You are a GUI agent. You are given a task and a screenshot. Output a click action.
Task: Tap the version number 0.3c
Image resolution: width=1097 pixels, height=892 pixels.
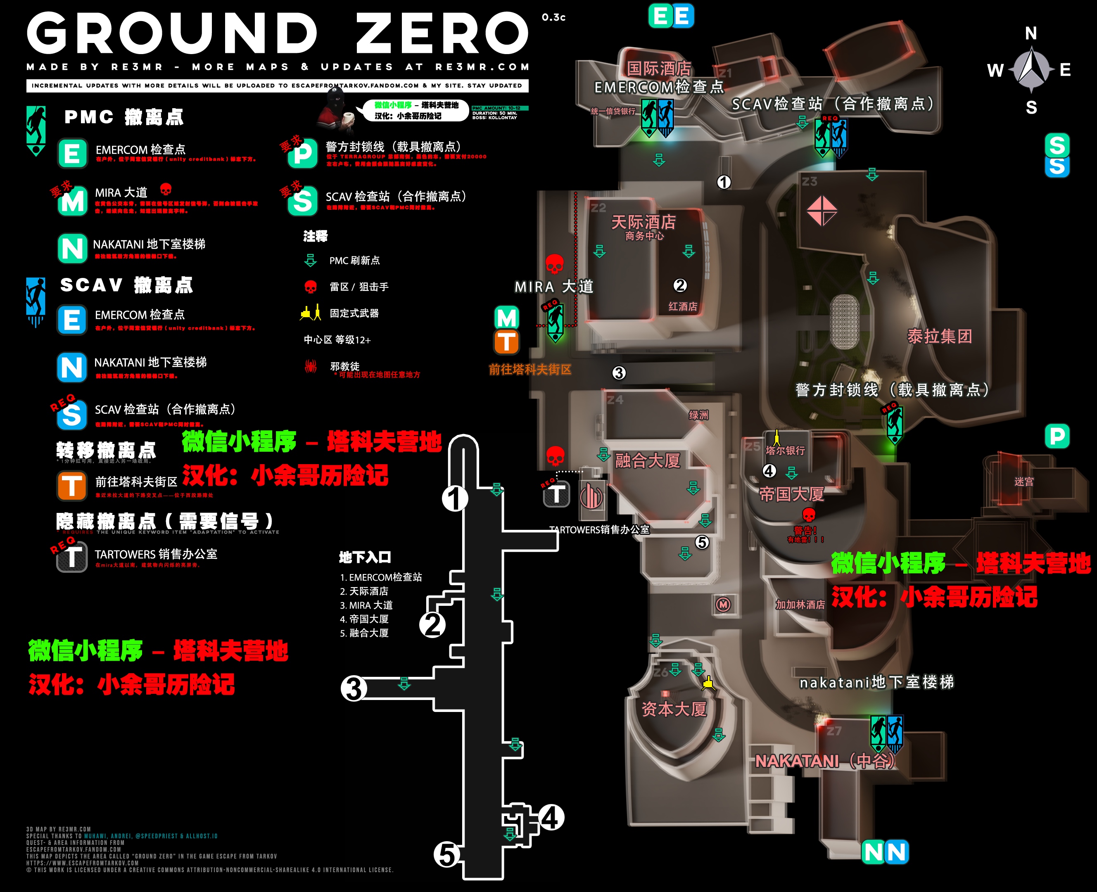[x=553, y=17]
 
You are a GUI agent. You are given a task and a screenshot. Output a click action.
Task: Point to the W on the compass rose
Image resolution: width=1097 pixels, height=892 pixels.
[x=995, y=70]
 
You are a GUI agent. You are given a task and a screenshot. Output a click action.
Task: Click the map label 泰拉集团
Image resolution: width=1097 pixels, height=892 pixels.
[x=939, y=337]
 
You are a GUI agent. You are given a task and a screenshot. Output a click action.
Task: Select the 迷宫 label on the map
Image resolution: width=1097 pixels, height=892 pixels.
[x=1023, y=482]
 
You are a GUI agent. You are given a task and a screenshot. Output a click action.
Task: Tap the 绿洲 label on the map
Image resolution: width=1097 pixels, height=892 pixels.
[x=698, y=415]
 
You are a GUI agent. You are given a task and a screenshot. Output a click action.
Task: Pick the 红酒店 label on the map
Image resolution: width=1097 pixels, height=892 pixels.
[x=682, y=307]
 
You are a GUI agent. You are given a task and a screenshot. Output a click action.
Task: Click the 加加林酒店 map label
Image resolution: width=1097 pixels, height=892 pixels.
[x=800, y=605]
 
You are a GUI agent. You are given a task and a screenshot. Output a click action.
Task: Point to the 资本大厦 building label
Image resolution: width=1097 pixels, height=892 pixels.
[x=674, y=709]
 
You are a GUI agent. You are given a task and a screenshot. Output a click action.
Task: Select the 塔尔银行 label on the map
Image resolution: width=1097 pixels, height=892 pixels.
[x=785, y=451]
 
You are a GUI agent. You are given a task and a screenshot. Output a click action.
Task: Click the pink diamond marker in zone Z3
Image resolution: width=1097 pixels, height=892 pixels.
[x=822, y=211]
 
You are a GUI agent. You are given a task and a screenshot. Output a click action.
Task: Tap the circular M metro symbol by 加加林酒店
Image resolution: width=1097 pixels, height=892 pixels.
[x=724, y=605]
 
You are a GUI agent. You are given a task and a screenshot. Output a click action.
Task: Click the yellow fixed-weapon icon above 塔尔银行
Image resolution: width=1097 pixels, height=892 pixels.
[x=777, y=437]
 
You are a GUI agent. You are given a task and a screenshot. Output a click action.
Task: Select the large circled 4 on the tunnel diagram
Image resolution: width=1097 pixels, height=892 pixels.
[x=551, y=818]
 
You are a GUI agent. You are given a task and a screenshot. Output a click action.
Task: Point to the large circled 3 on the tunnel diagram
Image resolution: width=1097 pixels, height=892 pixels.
[x=354, y=688]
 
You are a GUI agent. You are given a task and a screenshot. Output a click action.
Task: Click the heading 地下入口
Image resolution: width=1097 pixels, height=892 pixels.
[x=365, y=557]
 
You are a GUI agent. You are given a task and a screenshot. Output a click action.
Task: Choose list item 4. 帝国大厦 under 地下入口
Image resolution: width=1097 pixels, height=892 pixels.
[x=364, y=619]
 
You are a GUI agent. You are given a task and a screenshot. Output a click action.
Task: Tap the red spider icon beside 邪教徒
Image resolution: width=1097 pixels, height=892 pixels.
[x=310, y=366]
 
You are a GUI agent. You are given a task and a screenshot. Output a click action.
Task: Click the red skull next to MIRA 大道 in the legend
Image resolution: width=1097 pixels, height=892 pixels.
[x=166, y=189]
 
